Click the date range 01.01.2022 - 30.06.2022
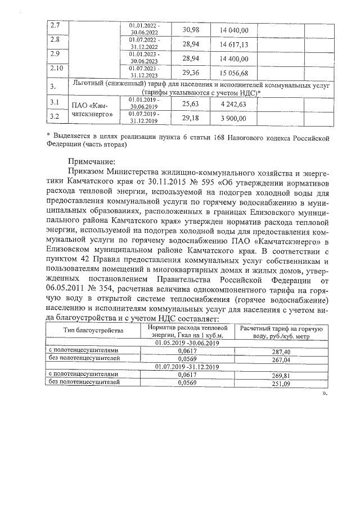click(x=144, y=29)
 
